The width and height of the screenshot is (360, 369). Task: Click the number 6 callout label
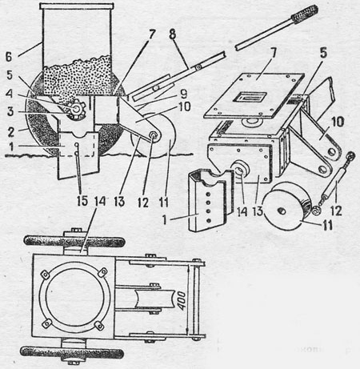pyautogui.click(x=9, y=58)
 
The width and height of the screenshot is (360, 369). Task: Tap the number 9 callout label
pyautogui.click(x=183, y=94)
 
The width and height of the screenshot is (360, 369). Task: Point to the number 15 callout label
pyautogui.click(x=82, y=201)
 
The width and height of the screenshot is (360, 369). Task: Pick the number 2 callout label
pyautogui.click(x=10, y=132)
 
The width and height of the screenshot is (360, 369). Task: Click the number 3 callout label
pyautogui.click(x=10, y=111)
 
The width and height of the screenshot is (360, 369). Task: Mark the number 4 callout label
pyautogui.click(x=10, y=94)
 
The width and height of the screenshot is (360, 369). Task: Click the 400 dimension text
pyautogui.click(x=182, y=301)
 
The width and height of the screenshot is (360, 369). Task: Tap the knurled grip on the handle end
pyautogui.click(x=305, y=14)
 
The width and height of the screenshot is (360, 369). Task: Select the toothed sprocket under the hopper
pyautogui.click(x=75, y=109)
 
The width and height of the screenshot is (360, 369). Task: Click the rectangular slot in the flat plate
pyautogui.click(x=250, y=97)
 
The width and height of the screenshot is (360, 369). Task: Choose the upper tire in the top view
pyautogui.click(x=74, y=242)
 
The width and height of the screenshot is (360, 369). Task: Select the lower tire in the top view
pyautogui.click(x=72, y=352)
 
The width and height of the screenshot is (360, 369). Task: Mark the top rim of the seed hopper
pyautogui.click(x=77, y=6)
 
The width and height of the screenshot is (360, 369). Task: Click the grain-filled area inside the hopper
pyautogui.click(x=78, y=76)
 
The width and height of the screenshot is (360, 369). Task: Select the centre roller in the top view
pyautogui.click(x=148, y=299)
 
